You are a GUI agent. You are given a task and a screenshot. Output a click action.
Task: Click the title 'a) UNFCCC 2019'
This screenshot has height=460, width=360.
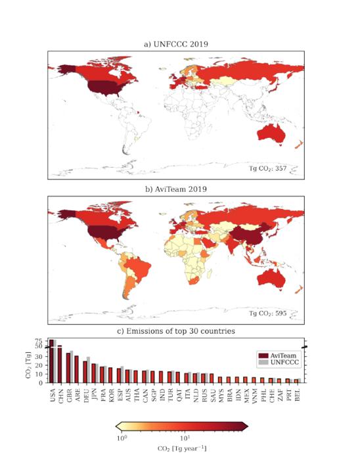tap(175, 44)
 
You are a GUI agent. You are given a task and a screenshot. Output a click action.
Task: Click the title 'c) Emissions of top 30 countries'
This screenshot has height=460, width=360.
tap(175, 331)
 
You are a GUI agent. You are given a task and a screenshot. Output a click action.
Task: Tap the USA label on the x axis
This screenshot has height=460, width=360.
tap(53, 392)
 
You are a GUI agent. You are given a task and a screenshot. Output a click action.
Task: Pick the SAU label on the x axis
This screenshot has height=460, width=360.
tap(212, 392)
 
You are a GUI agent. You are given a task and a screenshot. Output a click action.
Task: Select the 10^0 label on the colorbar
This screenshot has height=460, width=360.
tap(121, 437)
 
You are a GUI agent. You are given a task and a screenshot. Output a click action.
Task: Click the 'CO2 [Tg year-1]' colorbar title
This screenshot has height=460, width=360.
tap(181, 449)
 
